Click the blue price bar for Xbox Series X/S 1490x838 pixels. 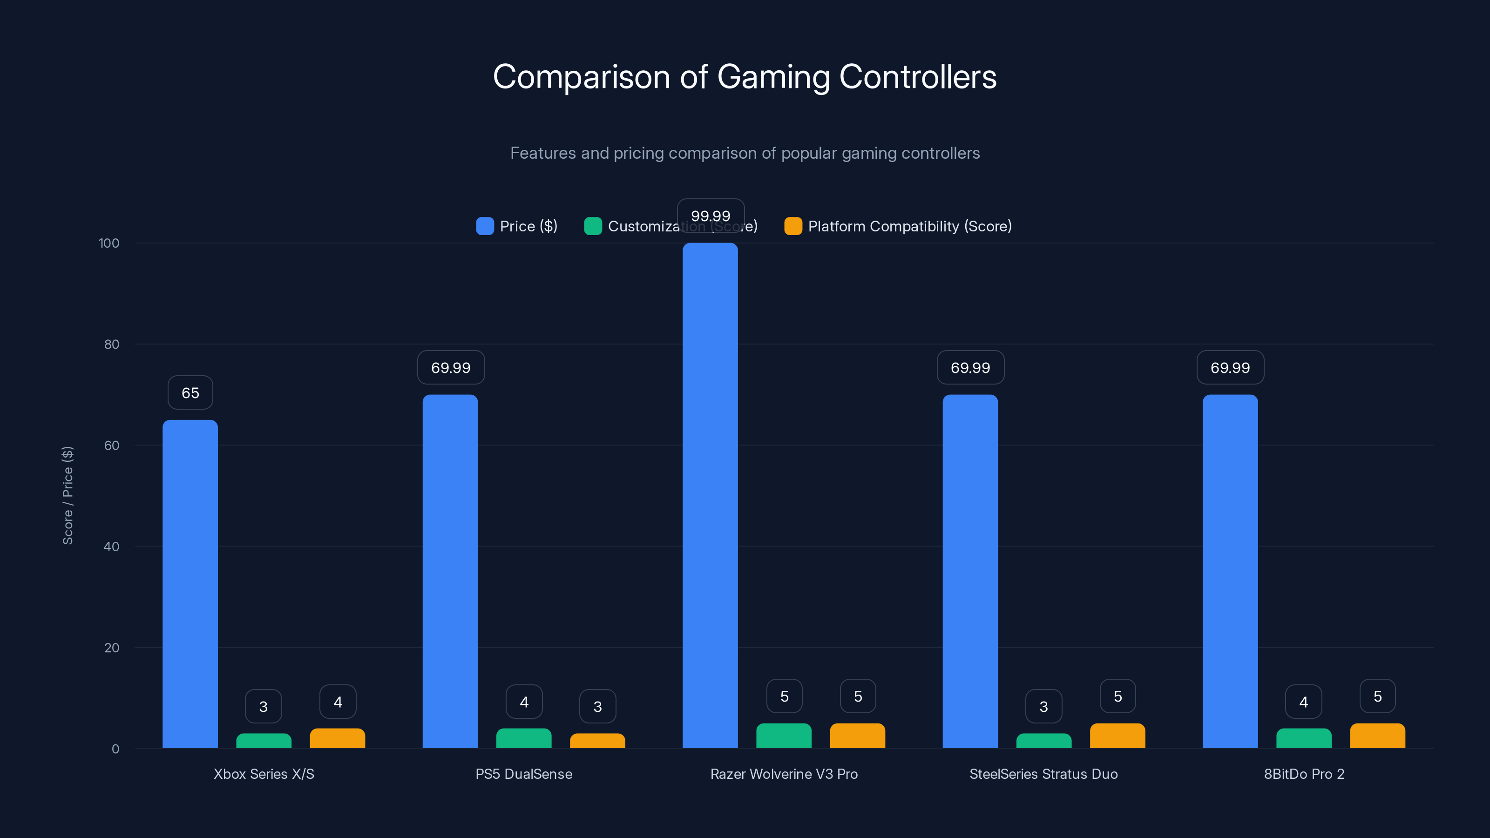coord(190,584)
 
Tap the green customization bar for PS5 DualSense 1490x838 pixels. coord(523,738)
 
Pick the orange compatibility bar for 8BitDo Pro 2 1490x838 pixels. coord(1377,736)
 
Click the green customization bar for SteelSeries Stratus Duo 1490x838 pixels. coord(1043,741)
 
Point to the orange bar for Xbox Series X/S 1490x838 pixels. coord(337,738)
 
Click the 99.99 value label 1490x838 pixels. coord(710,216)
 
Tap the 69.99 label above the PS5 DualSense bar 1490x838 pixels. coord(451,367)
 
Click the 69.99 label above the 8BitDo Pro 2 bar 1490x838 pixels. coord(1230,367)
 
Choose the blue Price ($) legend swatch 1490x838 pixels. coord(485,226)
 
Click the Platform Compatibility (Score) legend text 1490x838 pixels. coord(909,226)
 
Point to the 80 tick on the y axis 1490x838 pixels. coord(112,344)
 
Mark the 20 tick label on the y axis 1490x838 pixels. coord(112,648)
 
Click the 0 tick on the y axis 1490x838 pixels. coord(115,749)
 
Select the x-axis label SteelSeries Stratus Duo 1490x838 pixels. coord(1043,774)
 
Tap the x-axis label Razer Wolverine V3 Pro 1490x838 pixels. coord(784,774)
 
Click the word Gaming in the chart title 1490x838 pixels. coord(773,77)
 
